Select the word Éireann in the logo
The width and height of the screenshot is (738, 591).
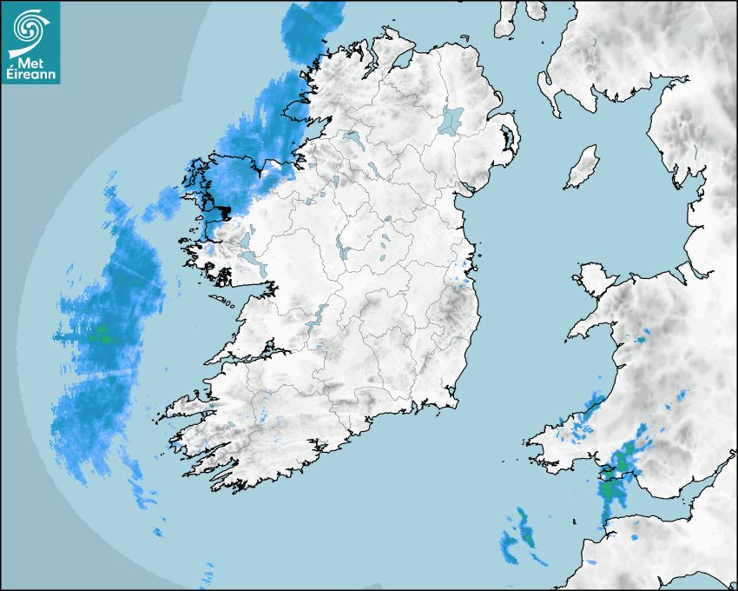[x=31, y=75]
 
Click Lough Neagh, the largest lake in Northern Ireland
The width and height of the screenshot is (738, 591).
[x=451, y=119]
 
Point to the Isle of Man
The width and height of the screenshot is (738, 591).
[x=583, y=167]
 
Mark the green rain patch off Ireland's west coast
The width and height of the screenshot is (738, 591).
[x=102, y=333]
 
